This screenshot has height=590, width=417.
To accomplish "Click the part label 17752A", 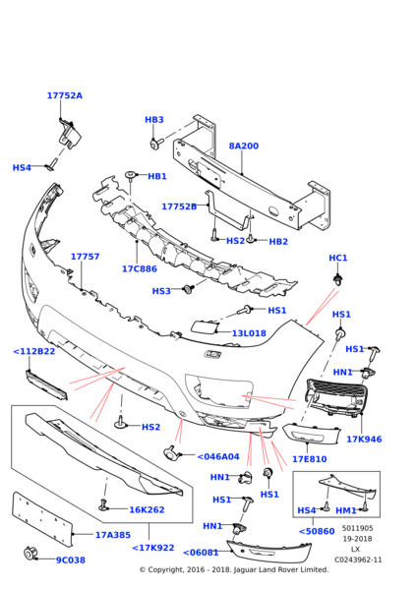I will pyautogui.click(x=64, y=96).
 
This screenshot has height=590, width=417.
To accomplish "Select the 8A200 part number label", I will pyautogui.click(x=243, y=147).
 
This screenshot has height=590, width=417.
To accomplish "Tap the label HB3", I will pyautogui.click(x=154, y=120).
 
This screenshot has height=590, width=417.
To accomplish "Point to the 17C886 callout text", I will pyautogui.click(x=139, y=268).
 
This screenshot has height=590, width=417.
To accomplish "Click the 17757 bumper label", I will pyautogui.click(x=85, y=257).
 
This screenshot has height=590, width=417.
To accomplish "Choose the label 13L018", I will pyautogui.click(x=249, y=333).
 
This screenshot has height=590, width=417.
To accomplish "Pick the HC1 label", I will pyautogui.click(x=338, y=258).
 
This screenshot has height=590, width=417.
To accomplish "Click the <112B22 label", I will pyautogui.click(x=33, y=351).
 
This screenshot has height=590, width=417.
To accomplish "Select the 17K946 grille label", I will pyautogui.click(x=364, y=439).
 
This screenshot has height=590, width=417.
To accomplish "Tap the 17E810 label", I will pyautogui.click(x=309, y=459).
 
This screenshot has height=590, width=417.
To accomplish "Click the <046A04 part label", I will pyautogui.click(x=217, y=457).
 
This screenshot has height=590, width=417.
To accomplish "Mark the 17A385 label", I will pyautogui.click(x=112, y=536).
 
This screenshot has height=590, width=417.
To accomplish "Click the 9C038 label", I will pyautogui.click(x=72, y=560).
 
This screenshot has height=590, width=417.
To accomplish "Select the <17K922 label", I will pyautogui.click(x=152, y=548).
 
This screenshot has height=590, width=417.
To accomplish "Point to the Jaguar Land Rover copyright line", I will pyautogui.click(x=233, y=569).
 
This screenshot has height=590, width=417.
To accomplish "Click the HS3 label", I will pyautogui.click(x=161, y=291).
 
